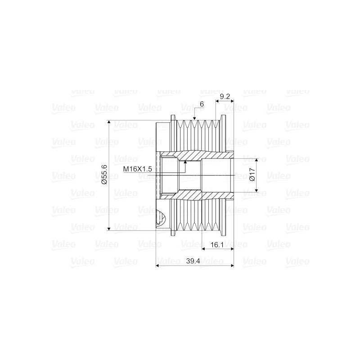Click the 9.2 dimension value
tap(225, 96)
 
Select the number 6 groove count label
tap(202, 104)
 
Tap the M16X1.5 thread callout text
tap(138, 169)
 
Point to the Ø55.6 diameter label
tap(104, 175)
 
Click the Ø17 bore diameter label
tap(252, 175)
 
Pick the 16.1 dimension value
tap(217, 245)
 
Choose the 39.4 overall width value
tap(193, 261)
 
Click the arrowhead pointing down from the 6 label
tap(194, 118)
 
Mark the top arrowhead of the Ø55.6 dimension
tap(109, 122)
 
